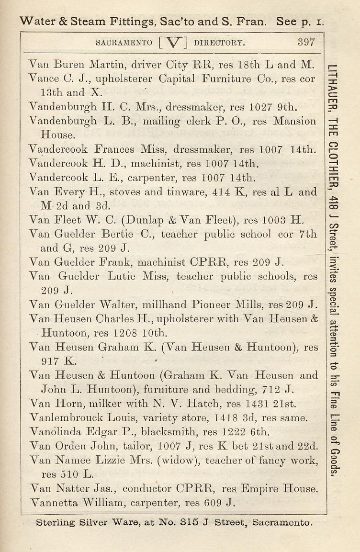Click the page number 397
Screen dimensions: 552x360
point(306,42)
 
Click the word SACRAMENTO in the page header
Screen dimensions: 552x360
point(124,42)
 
